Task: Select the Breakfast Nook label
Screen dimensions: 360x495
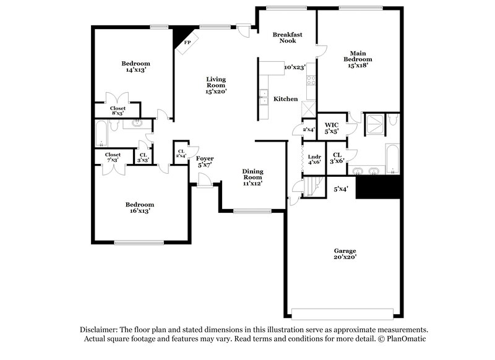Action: (x=287, y=38)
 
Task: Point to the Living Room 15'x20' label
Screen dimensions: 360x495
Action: (x=216, y=85)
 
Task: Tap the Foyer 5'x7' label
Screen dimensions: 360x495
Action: (x=205, y=162)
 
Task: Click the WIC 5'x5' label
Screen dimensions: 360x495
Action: (x=331, y=127)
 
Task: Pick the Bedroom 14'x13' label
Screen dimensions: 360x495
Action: (x=136, y=67)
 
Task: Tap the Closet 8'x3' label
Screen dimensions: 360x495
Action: (x=118, y=111)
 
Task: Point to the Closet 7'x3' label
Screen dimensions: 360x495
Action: (x=113, y=157)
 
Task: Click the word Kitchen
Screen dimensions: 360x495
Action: (x=286, y=99)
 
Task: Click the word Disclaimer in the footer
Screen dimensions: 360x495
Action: (x=101, y=330)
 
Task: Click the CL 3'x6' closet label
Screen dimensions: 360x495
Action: (x=337, y=158)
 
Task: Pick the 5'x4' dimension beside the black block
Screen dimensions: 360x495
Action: (x=341, y=189)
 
